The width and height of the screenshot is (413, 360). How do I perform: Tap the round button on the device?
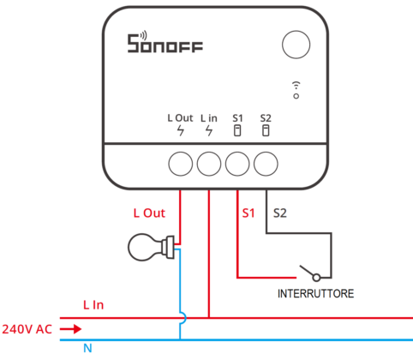296,45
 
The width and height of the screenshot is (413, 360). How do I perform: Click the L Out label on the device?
180,117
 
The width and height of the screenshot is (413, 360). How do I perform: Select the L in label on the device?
209,117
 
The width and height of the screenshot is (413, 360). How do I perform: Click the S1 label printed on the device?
237,117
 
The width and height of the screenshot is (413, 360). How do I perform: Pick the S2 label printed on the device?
266,117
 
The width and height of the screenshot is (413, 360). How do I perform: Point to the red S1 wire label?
248,212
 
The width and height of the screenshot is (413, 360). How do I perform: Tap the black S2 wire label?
279,212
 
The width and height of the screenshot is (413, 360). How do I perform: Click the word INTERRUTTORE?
316,293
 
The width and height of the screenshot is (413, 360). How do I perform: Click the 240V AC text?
27,328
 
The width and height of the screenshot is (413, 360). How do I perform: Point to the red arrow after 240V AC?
72,328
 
